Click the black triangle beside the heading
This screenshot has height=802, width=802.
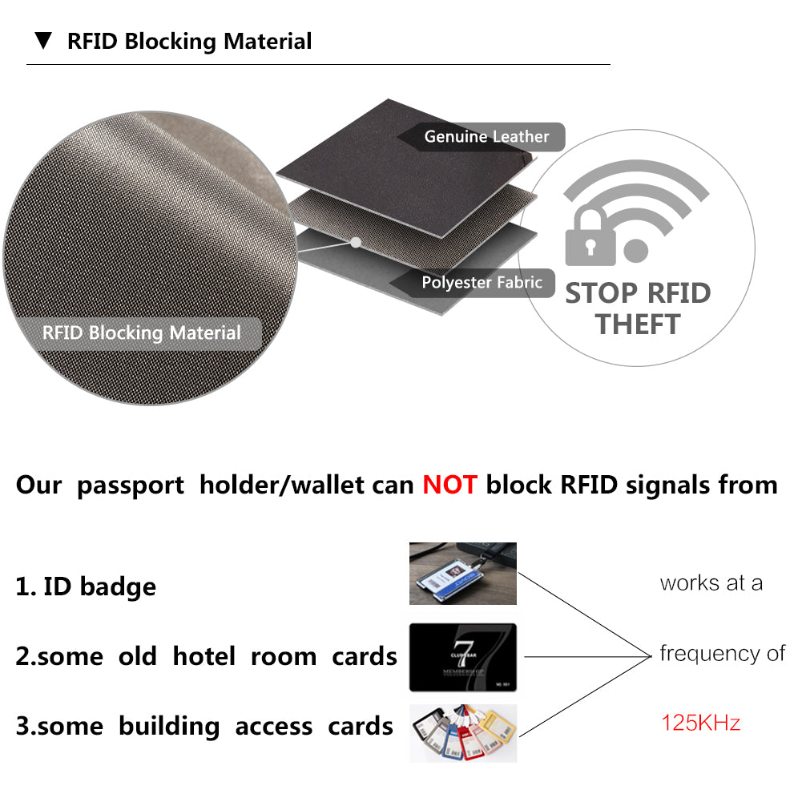[x=43, y=41]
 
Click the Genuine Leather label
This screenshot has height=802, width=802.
[x=486, y=136]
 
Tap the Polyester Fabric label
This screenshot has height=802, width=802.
[x=482, y=282]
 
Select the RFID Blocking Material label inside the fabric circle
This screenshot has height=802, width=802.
[x=141, y=333]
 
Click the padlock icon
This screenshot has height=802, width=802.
[x=590, y=237]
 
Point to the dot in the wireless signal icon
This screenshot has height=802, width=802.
[x=636, y=251]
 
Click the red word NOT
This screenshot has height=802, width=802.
[x=449, y=485]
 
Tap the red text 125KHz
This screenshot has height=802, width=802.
[x=701, y=723]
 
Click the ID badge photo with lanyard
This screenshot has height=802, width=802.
[x=463, y=574]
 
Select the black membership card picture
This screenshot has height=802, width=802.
[x=463, y=657]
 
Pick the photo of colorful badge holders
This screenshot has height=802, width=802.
[x=463, y=733]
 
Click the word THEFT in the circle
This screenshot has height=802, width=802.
[x=638, y=324]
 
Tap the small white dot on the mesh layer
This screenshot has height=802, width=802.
[x=356, y=243]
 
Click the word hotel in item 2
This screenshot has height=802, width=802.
[x=204, y=656]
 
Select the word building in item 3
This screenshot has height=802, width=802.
[x=169, y=727]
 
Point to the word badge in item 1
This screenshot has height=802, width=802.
[x=118, y=586]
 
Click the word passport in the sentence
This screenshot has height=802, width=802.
[x=131, y=486]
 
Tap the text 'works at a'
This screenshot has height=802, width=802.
[x=711, y=583]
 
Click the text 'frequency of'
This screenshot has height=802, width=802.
[x=722, y=653]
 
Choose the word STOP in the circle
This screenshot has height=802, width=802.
[x=602, y=293]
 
